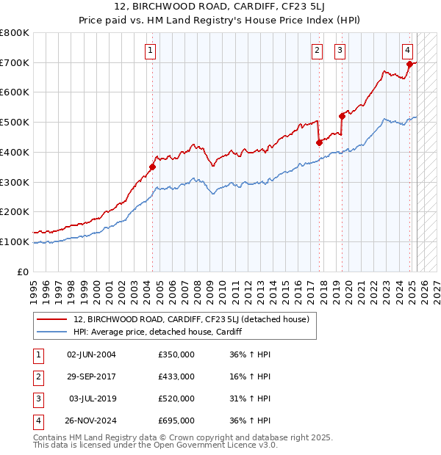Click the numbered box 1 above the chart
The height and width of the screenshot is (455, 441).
150,51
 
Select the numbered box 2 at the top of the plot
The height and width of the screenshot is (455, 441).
317,51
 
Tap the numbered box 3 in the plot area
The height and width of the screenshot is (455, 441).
340,51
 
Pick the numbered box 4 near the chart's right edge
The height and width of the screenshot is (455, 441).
407,51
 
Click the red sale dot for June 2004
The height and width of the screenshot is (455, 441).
153,167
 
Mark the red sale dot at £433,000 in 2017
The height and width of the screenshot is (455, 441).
320,142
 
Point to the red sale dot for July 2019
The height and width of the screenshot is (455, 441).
342,116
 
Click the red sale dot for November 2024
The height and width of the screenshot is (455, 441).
409,64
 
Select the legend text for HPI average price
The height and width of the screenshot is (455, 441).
158,332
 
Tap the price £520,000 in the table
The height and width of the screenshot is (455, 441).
176,398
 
